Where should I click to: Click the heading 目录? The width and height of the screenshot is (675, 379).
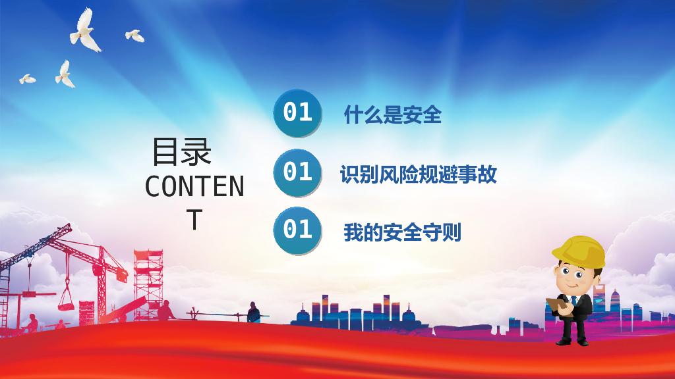(182, 152)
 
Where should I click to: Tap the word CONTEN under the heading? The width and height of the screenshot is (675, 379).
(194, 186)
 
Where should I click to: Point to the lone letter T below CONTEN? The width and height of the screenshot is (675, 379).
(194, 219)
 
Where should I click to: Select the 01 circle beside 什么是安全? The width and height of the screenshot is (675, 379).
(297, 113)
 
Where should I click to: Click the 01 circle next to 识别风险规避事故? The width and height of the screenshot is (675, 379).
(297, 172)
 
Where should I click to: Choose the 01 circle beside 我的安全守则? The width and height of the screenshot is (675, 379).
(297, 230)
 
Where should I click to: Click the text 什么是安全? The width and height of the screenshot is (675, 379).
(393, 114)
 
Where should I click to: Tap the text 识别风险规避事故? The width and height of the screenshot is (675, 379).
(419, 174)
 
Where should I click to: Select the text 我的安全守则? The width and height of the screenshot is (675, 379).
(403, 232)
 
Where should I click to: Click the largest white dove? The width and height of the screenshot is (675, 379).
(85, 30)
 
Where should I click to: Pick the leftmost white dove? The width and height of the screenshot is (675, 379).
(27, 79)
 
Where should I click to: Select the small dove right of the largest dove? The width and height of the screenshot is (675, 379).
(135, 36)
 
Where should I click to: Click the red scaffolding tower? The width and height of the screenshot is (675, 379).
(148, 284)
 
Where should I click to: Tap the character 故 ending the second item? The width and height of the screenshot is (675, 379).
(487, 174)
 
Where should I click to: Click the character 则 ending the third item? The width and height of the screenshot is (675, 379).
(452, 232)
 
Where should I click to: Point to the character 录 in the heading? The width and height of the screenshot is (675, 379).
(196, 152)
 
